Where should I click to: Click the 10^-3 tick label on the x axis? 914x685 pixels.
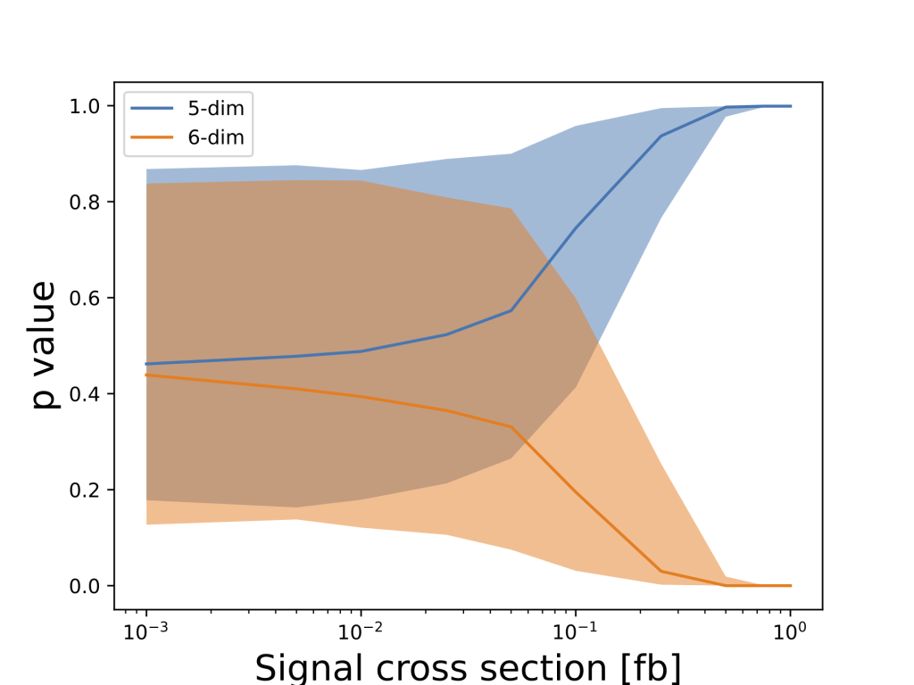point(145,631)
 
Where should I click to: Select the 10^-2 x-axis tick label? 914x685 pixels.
point(361,631)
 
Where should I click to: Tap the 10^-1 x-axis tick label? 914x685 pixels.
point(576,631)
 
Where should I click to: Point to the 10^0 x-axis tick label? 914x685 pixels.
point(791,631)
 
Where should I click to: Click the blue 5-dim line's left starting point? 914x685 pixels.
point(145,364)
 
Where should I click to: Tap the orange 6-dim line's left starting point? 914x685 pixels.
point(145,375)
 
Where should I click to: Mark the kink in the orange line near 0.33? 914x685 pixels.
point(511,426)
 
